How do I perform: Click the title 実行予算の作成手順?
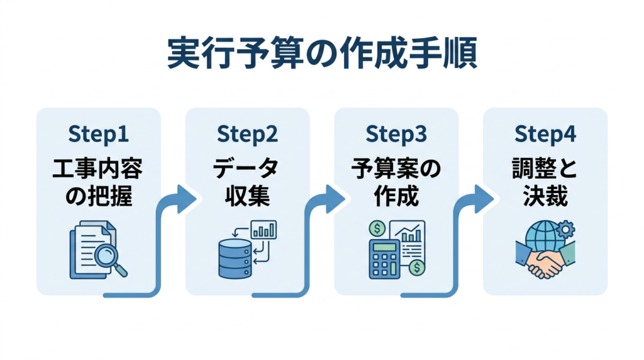(x=322, y=54)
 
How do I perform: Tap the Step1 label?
(x=98, y=134)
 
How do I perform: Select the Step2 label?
(x=247, y=134)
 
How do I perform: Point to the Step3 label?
(x=396, y=134)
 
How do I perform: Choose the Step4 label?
(x=545, y=134)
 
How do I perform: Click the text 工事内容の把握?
(x=98, y=183)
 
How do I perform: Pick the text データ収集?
(x=247, y=183)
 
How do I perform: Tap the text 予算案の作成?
(x=396, y=183)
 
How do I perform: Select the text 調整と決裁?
(x=545, y=183)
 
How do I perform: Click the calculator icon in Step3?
(x=384, y=259)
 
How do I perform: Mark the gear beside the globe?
(x=565, y=228)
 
